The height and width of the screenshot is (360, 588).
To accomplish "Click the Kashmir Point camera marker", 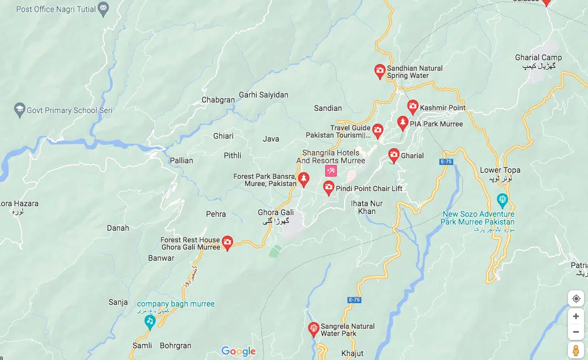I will click(413, 106).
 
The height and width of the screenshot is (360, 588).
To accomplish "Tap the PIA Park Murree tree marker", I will click(403, 123).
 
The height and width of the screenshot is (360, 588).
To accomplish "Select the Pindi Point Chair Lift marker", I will click(329, 187).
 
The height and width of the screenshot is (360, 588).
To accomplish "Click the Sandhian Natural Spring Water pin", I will click(379, 71).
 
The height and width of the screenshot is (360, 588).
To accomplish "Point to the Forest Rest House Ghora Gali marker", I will click(227, 242).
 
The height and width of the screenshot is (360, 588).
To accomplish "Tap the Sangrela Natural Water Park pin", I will click(313, 328).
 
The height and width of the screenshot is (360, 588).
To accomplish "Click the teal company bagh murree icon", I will click(149, 321).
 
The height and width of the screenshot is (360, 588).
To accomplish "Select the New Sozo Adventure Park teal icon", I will click(502, 199).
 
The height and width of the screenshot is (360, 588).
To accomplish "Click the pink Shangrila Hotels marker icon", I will click(331, 171).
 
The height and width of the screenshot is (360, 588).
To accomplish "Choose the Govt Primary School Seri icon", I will click(20, 110).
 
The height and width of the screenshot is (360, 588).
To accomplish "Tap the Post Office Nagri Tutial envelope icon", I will click(103, 8).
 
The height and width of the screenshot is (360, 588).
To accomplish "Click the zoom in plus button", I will click(576, 317).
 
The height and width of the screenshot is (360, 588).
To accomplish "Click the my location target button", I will click(576, 299).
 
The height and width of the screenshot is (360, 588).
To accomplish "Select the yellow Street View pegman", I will click(576, 350).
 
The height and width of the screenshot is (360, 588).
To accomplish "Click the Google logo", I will click(238, 351).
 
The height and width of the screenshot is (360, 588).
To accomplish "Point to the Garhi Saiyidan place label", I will click(263, 95).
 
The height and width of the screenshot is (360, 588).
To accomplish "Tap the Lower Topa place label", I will click(500, 171).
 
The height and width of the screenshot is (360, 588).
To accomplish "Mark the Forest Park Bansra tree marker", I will click(303, 179).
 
